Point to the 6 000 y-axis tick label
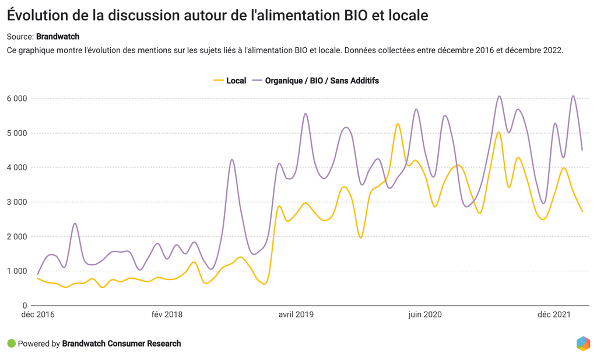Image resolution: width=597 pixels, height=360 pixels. point(17,99)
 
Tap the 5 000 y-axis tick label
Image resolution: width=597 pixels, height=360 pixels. point(17,133)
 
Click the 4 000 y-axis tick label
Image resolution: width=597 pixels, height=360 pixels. point(17,167)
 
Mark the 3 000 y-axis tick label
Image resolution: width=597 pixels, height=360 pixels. point(17,202)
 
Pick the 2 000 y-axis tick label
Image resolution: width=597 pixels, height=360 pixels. point(17,236)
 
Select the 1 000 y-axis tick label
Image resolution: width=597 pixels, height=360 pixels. point(17,271)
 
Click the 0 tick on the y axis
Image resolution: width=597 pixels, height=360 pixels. point(24,305)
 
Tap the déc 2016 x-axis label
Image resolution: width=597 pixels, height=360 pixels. point(38,315)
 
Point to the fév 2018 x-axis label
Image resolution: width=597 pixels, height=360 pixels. point(167,315)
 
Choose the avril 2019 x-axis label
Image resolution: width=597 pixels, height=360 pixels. point(296,315)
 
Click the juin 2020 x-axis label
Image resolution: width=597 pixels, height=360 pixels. point(425,315)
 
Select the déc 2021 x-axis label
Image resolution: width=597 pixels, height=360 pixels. point(554,315)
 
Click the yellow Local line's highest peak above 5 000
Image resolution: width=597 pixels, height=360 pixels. point(398,124)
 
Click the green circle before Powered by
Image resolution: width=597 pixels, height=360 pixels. point(11,344)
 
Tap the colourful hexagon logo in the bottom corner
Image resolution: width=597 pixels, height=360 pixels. point(582,344)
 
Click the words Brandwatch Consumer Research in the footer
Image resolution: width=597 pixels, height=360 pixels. point(121,344)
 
